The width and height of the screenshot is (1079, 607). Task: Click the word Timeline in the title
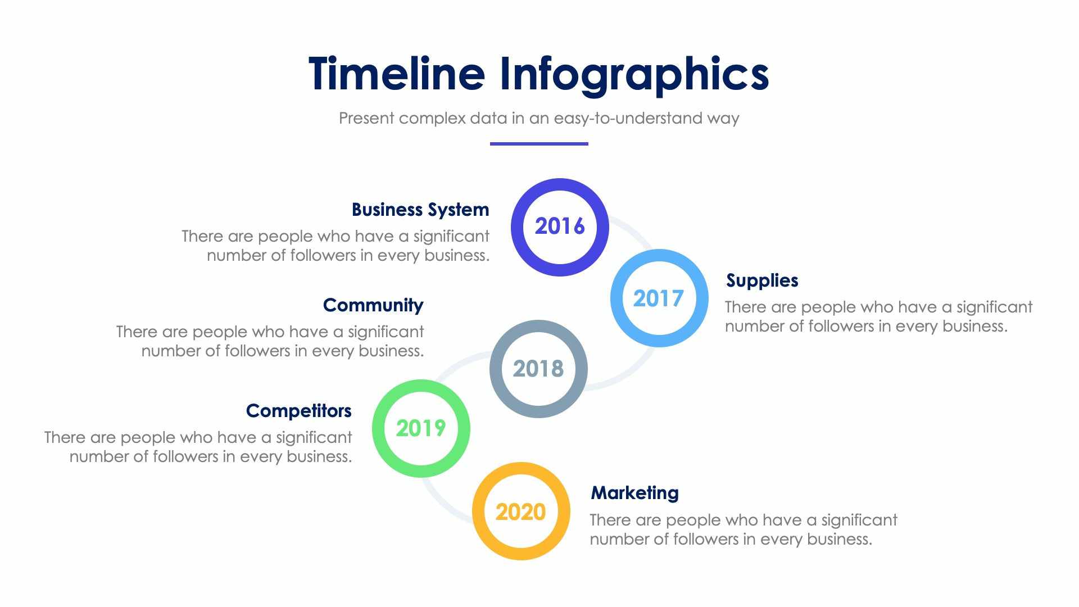(x=396, y=74)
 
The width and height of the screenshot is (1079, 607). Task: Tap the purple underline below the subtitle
(x=539, y=144)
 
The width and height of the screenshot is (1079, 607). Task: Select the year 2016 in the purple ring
(x=560, y=227)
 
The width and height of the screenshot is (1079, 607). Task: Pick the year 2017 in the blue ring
(x=658, y=298)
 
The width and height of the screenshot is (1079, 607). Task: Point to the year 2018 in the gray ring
(x=538, y=369)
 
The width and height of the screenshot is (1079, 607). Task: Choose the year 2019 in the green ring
(x=421, y=428)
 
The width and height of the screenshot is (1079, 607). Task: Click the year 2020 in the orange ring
(x=520, y=512)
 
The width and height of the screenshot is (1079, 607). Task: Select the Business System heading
(x=420, y=210)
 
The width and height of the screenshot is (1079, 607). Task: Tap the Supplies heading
(x=762, y=280)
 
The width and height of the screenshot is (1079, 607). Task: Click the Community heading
(x=373, y=305)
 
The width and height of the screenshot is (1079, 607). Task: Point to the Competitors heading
(x=298, y=411)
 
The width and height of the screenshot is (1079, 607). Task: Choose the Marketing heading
(x=634, y=493)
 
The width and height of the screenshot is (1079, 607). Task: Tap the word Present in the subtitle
(x=366, y=118)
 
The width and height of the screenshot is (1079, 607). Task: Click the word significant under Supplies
(x=994, y=307)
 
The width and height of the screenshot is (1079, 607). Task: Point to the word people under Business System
(x=285, y=237)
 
